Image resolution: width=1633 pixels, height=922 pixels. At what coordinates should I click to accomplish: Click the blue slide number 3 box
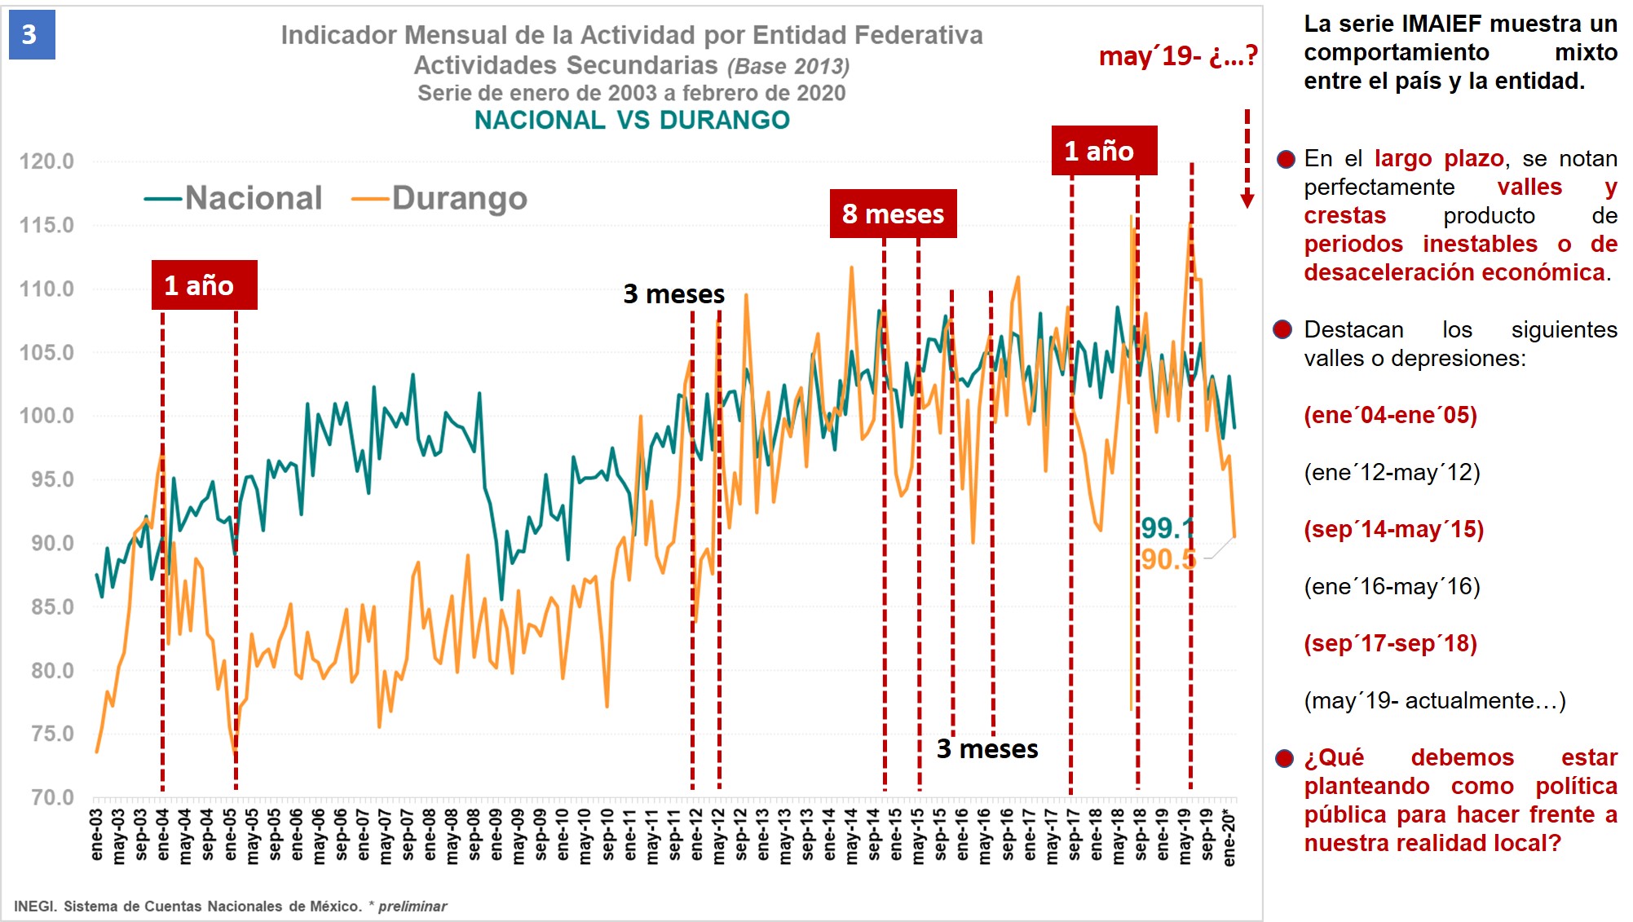tap(32, 35)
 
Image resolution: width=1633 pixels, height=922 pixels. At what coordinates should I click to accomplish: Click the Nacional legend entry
tap(235, 198)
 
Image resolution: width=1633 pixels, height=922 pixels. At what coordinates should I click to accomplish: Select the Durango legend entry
tap(441, 198)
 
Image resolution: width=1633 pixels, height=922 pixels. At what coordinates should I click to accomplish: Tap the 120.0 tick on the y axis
tap(46, 161)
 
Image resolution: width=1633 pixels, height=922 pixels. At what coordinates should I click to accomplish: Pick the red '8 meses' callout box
tap(893, 214)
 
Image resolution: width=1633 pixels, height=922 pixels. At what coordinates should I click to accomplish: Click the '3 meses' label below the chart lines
tap(986, 749)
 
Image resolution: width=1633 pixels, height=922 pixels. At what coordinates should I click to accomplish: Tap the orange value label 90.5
tap(1167, 559)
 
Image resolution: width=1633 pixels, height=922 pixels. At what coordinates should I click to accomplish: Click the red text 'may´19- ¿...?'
tap(1177, 56)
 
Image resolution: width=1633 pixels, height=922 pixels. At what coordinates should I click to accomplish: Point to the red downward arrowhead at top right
tap(1247, 200)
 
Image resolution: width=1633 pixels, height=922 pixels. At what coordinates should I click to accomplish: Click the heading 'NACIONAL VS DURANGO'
tap(632, 121)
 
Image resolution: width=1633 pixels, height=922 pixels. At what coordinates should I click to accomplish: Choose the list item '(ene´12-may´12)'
tap(1392, 473)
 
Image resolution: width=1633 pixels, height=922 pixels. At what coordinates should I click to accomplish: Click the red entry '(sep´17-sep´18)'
tap(1390, 644)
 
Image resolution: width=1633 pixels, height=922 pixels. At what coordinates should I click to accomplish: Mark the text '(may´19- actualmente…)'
tap(1434, 701)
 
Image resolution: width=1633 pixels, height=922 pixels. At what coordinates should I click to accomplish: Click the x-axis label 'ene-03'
tap(97, 834)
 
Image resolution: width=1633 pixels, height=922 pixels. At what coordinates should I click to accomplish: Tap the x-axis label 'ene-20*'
tap(1229, 836)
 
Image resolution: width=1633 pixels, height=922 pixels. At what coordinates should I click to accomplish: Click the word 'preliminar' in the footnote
tap(413, 907)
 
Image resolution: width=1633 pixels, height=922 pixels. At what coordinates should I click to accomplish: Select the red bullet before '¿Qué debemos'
tap(1284, 759)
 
